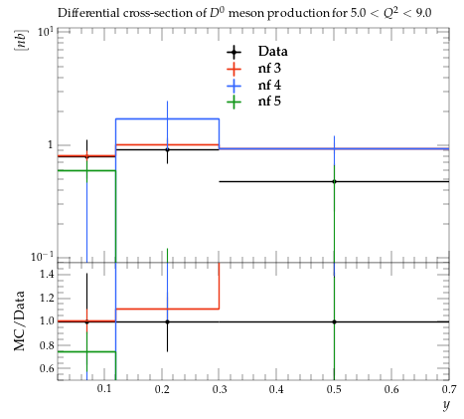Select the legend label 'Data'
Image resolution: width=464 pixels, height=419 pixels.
click(273, 52)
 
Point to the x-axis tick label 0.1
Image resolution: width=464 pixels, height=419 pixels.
click(104, 389)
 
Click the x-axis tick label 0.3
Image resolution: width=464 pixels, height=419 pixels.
click(220, 389)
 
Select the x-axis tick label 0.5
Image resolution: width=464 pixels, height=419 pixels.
click(334, 389)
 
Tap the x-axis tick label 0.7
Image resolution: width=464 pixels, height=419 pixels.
click(449, 389)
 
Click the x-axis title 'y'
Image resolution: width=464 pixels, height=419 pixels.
click(446, 405)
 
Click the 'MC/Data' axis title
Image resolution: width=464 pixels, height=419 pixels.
click(19, 320)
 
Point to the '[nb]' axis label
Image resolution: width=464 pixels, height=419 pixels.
click(21, 40)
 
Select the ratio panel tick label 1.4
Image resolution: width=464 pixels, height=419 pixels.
click(47, 274)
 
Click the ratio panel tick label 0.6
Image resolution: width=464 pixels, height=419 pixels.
click(47, 368)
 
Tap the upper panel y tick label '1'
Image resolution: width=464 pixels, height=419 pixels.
click(51, 145)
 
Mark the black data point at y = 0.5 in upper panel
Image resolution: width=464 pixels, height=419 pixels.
click(334, 181)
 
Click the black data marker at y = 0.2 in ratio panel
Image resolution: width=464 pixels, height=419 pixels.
click(167, 321)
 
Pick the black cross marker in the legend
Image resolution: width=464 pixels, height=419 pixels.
click(233, 52)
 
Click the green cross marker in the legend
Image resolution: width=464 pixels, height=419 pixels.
click(233, 102)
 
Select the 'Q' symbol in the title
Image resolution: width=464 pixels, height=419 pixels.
click(387, 14)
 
